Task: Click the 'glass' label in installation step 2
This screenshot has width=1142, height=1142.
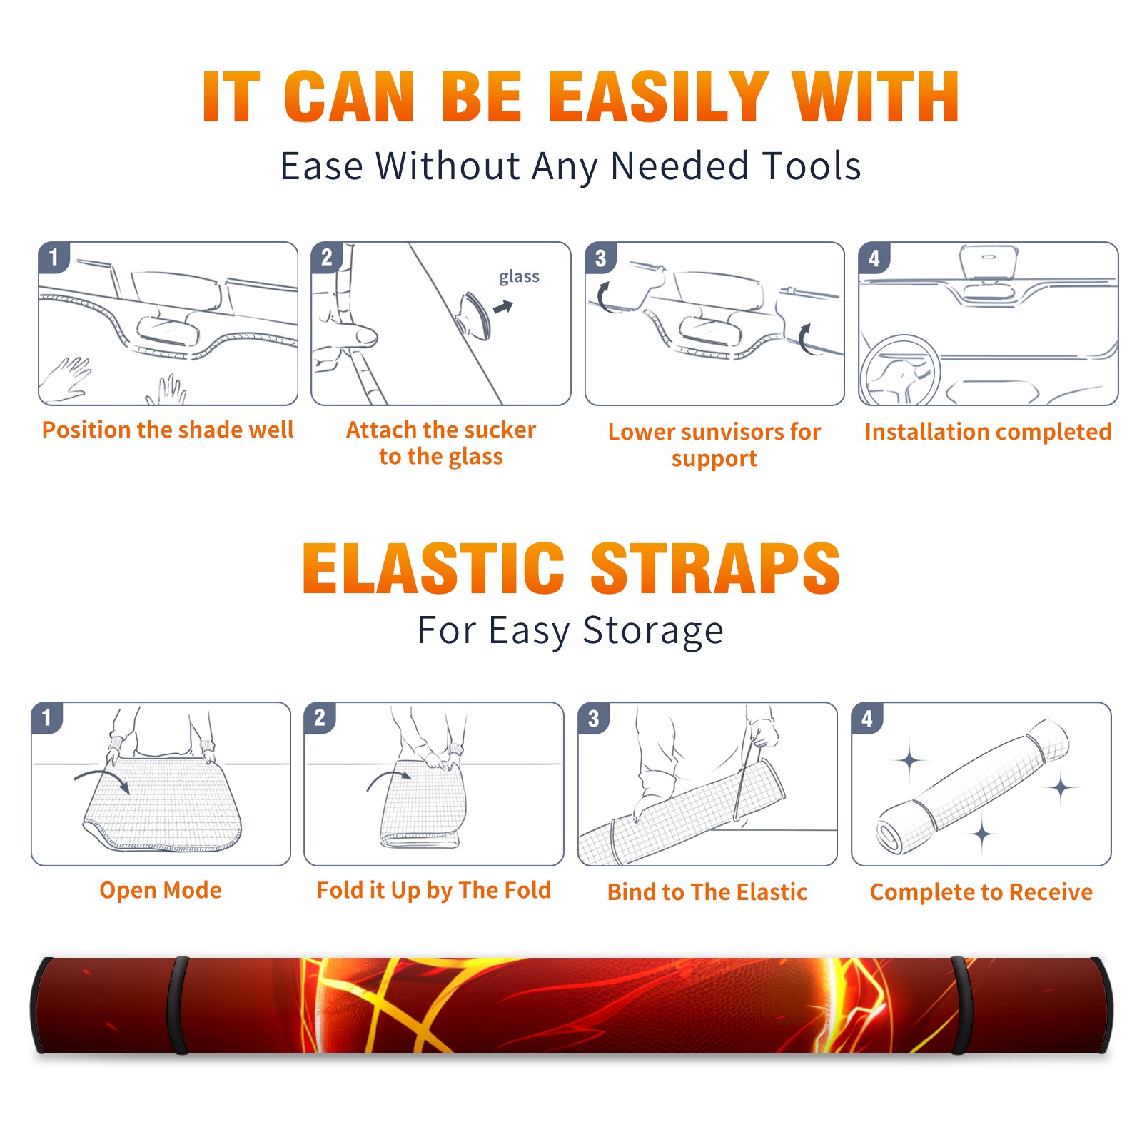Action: tap(519, 277)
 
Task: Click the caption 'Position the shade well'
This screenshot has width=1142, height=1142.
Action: tap(168, 430)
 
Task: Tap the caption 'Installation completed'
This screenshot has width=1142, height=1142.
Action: tap(988, 431)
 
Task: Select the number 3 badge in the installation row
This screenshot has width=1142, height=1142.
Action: tap(600, 258)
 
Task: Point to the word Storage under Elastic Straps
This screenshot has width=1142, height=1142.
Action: tap(653, 631)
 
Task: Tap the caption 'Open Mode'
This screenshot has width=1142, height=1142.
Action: tap(161, 890)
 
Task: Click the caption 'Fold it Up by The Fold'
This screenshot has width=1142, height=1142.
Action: tap(434, 890)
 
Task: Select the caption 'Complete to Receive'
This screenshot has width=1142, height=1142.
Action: tap(981, 892)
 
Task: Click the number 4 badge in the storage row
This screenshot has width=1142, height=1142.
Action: tap(867, 718)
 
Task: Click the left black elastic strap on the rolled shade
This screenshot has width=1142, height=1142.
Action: tap(178, 1006)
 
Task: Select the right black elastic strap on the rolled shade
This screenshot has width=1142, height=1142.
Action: tap(961, 1006)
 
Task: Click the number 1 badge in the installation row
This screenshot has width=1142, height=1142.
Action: tap(54, 258)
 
